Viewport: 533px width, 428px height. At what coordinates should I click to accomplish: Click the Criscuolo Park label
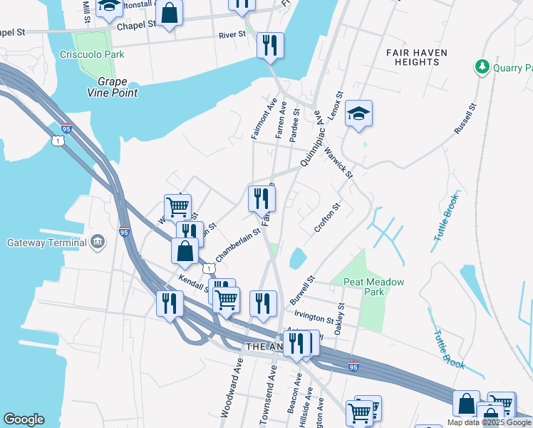pos(92,54)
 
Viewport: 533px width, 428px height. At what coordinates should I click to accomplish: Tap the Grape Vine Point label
pos(117,87)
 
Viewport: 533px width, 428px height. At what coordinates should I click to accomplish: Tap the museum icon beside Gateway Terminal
pos(98,243)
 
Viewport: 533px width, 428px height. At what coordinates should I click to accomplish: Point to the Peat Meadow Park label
pos(373,287)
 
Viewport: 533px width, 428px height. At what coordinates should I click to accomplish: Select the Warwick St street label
pos(338,161)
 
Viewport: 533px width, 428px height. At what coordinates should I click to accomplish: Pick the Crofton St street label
pos(328,218)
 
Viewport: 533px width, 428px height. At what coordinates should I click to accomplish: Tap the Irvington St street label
pos(312,317)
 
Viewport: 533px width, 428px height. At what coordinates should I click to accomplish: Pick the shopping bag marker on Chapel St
pos(170,14)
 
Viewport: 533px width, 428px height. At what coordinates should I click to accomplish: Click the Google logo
pos(24,419)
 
